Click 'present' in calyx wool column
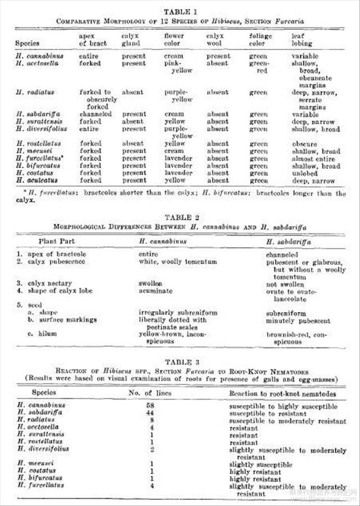coord(218,56)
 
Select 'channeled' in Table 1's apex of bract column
coord(95,114)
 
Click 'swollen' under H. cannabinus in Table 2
coord(151,283)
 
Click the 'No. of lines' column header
coord(149,394)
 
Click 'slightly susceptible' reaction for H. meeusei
coord(260,465)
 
